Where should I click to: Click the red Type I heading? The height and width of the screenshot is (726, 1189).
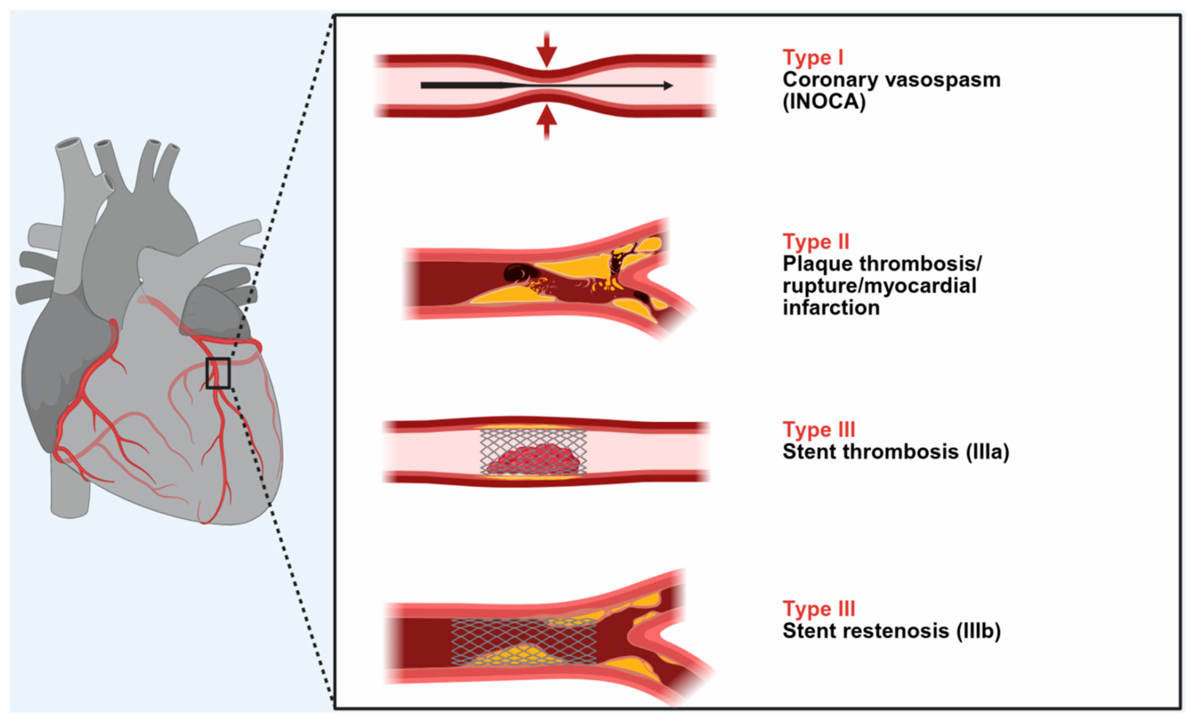tap(813, 57)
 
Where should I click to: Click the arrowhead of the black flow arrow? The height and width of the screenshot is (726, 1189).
tap(668, 86)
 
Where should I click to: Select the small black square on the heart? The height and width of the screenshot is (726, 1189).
tap(218, 373)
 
